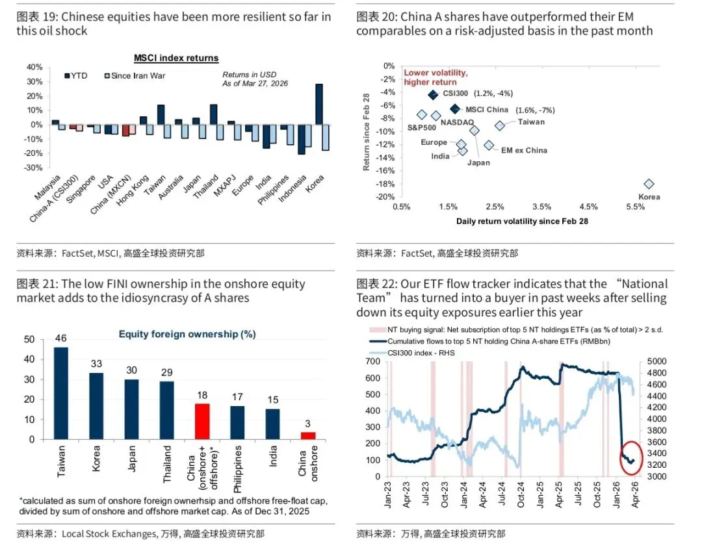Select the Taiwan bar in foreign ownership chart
(x=60, y=393)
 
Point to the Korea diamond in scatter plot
(x=649, y=185)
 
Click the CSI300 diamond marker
(x=433, y=95)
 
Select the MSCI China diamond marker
(x=455, y=109)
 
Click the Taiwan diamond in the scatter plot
(x=499, y=125)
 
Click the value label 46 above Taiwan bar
(x=60, y=339)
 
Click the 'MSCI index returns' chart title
(x=176, y=58)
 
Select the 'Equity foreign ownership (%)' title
(x=187, y=334)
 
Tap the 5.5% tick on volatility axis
(x=635, y=207)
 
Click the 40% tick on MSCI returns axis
(x=34, y=67)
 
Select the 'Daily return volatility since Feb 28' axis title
(x=522, y=222)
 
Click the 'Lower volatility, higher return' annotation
(x=435, y=77)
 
